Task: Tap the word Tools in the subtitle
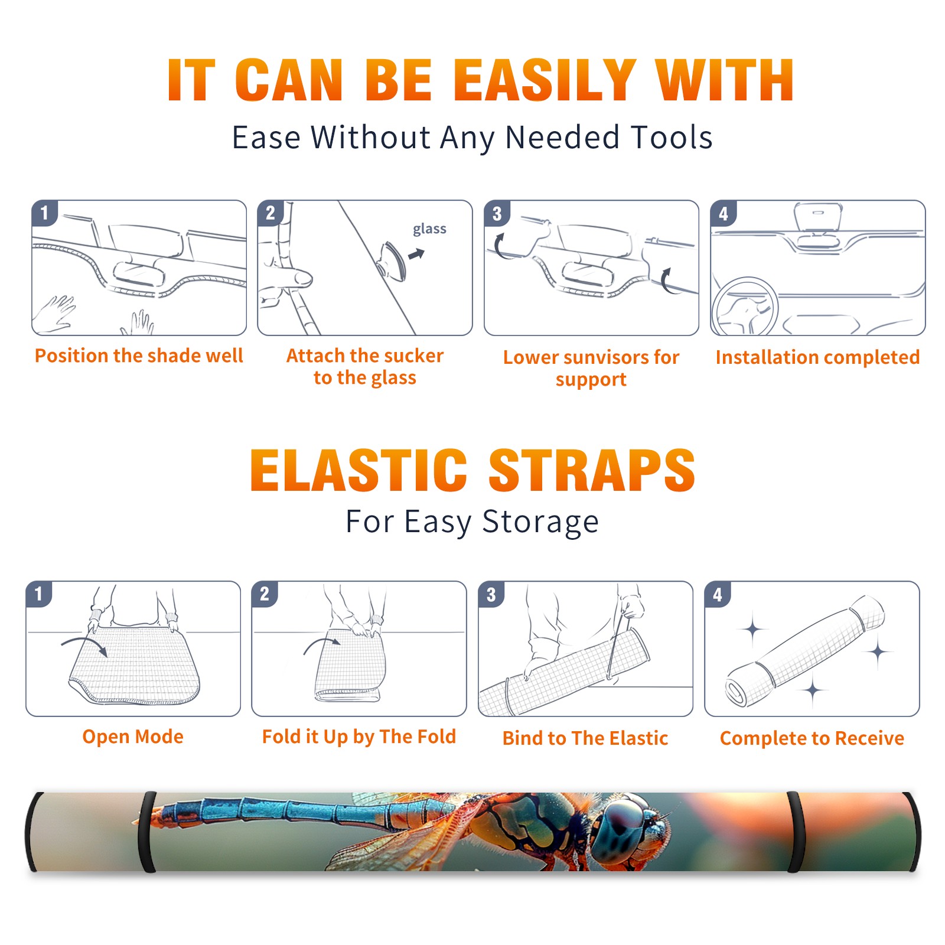(672, 138)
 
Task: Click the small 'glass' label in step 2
(429, 229)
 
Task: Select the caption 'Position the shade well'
(139, 356)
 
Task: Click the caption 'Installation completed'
(817, 357)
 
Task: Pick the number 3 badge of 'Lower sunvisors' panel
(497, 213)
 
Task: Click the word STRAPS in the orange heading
(592, 470)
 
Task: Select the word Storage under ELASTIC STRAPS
(540, 522)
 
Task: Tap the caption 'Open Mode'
(133, 737)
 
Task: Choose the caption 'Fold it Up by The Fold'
(359, 737)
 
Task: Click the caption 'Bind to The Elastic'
(585, 738)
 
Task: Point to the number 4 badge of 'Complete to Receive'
(718, 594)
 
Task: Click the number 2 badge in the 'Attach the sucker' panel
(271, 213)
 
